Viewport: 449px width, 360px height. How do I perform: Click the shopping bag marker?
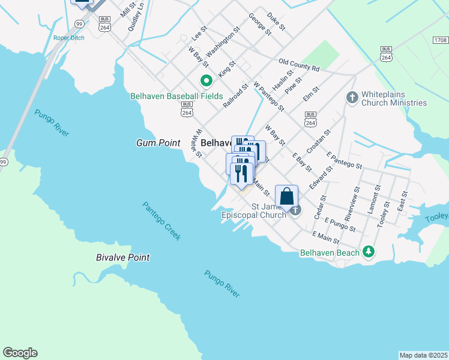tap(287, 197)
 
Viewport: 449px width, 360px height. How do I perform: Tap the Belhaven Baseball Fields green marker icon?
tap(206, 80)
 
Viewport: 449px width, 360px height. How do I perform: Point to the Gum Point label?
tap(158, 143)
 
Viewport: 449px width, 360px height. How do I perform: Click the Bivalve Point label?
tap(122, 257)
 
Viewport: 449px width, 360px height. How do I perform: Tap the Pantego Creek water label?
tap(161, 221)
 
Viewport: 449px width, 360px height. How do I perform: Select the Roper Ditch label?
tap(68, 38)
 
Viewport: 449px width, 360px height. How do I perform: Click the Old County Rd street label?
tap(299, 64)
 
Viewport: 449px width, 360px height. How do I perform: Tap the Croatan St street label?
tap(319, 140)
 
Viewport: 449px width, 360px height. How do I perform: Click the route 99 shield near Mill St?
tap(79, 23)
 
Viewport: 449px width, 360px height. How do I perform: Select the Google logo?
tap(20, 353)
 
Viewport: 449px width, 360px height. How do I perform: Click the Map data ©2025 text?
tap(423, 355)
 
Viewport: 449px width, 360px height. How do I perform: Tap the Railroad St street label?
tap(236, 96)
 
